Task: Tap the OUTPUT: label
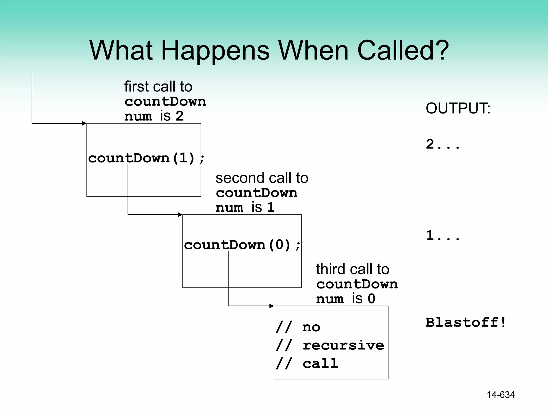(x=458, y=108)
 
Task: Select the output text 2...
(x=443, y=144)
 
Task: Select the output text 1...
(x=443, y=235)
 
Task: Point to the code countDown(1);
(x=146, y=158)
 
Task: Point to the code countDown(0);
(x=242, y=245)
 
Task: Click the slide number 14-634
(x=501, y=395)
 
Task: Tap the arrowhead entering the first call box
(x=85, y=123)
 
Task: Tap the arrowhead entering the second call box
(x=180, y=215)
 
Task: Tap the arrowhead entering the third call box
(x=272, y=306)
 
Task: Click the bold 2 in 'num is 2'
(x=179, y=116)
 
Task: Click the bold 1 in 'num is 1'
(x=271, y=207)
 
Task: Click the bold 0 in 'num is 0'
(x=371, y=299)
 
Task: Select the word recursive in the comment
(x=343, y=345)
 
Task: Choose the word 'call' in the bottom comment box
(x=320, y=363)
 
